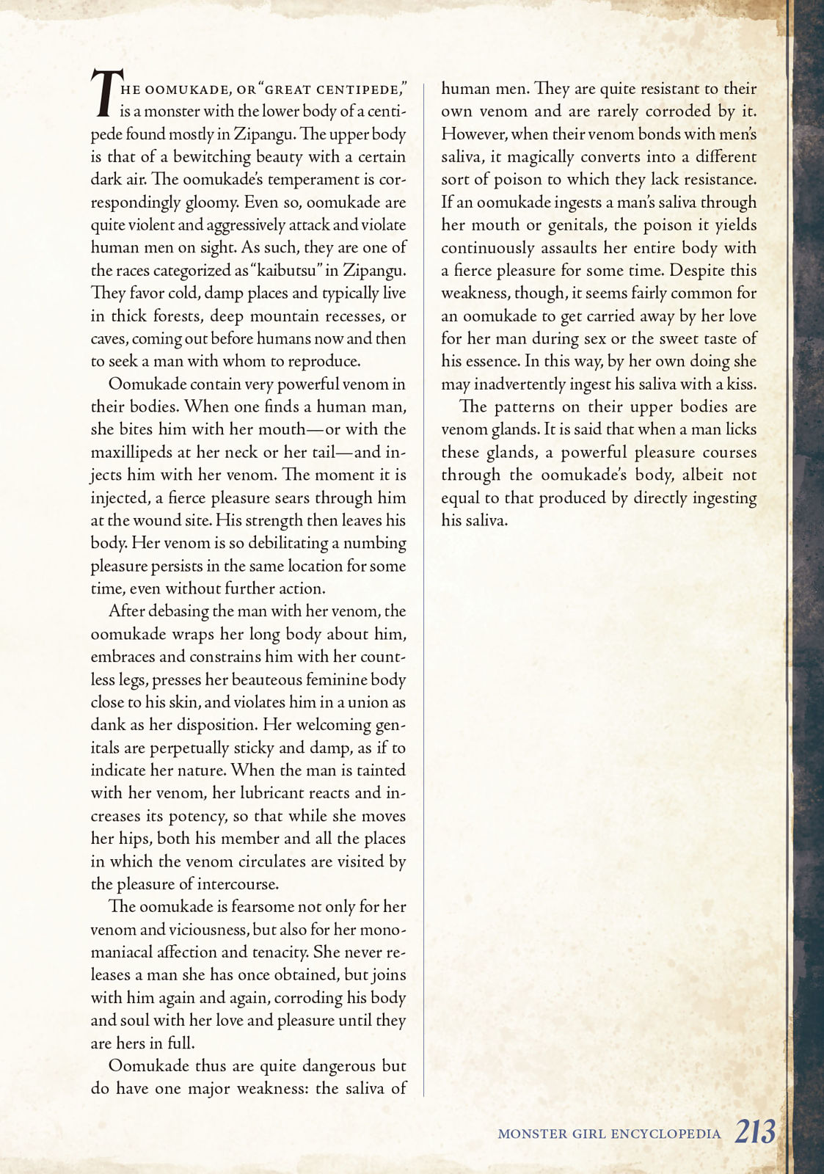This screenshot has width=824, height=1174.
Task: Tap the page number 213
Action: pos(755,1131)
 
